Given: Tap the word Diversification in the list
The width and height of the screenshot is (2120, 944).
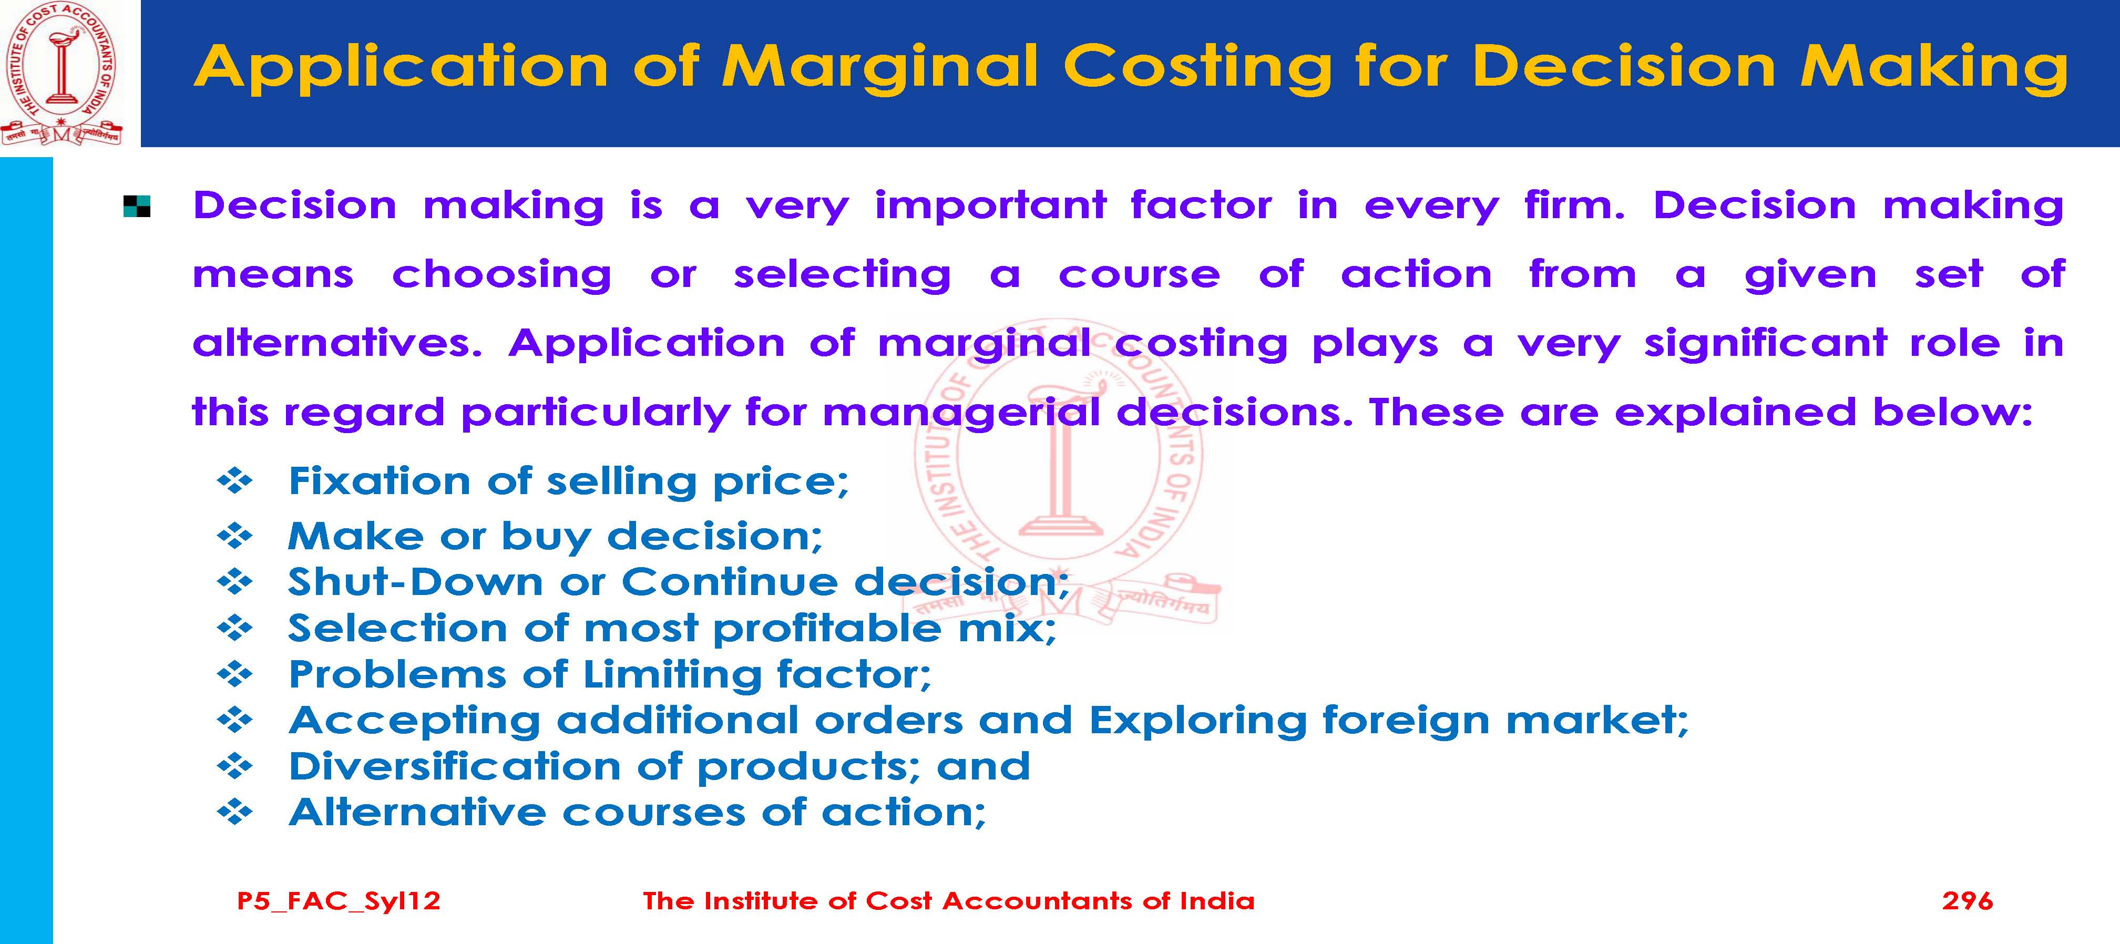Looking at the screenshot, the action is click(x=454, y=766).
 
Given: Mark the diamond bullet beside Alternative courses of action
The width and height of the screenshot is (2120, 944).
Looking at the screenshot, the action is click(x=234, y=813).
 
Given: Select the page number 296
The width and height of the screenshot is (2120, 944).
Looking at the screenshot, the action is click(x=1967, y=900).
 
